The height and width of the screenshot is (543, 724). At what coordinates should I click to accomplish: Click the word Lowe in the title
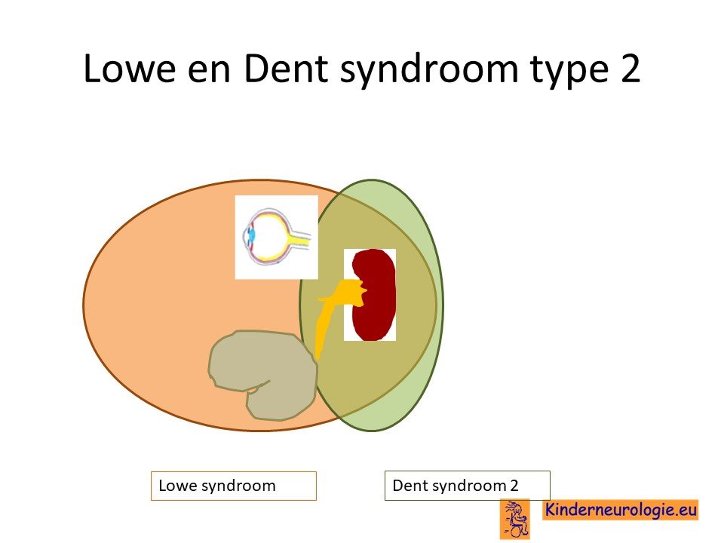click(130, 69)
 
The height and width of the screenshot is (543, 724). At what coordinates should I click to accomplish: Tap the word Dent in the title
click(286, 69)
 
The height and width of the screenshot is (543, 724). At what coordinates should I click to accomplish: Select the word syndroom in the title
click(429, 72)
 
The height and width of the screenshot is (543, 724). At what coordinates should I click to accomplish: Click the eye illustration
click(277, 237)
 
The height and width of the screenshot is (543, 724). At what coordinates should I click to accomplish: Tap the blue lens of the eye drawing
click(252, 236)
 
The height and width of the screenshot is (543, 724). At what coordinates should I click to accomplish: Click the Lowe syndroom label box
click(234, 486)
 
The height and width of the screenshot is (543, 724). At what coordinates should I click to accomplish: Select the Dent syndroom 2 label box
click(468, 485)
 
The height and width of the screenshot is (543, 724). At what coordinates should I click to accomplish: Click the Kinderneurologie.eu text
click(621, 510)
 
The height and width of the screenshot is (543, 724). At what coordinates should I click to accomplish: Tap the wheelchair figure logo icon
click(515, 519)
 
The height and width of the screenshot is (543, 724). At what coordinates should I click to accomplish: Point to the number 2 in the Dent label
click(514, 485)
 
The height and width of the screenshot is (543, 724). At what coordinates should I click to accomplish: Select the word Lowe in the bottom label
click(178, 486)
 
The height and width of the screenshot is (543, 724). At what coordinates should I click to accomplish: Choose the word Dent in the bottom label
click(410, 485)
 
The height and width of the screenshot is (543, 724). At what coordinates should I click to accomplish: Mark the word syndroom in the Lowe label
click(239, 486)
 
